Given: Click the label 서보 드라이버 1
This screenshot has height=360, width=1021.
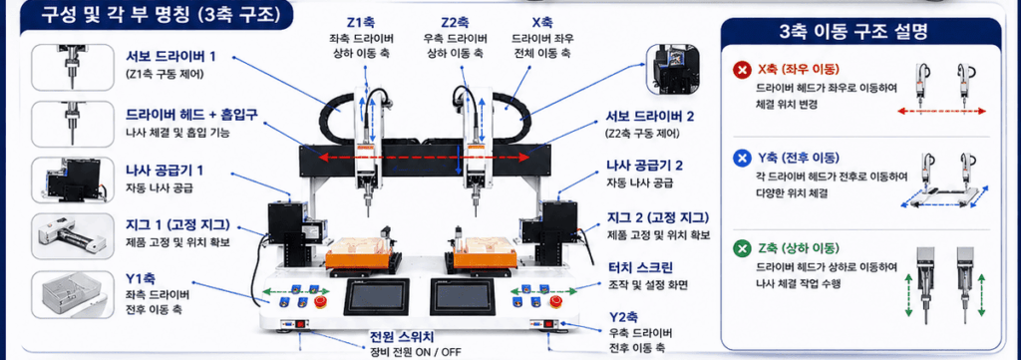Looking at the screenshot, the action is [170, 56].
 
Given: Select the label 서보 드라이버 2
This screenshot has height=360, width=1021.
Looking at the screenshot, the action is [650, 117].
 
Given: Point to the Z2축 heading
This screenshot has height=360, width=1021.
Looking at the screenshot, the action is [455, 22].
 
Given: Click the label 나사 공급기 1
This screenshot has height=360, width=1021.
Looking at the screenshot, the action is [165, 171].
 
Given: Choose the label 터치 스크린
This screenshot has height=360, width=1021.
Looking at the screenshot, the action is [640, 267].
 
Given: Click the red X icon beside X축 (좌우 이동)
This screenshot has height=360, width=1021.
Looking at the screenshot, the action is [741, 70].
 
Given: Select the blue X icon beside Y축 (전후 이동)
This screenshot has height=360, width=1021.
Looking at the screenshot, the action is [741, 159].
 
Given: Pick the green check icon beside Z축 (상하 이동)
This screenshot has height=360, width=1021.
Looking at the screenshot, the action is [741, 248].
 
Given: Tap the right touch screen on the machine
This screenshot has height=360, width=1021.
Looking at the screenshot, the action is [463, 298].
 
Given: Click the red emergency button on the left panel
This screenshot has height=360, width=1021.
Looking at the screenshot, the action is [320, 301].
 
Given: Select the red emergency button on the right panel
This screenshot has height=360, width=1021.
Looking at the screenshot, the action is [554, 301].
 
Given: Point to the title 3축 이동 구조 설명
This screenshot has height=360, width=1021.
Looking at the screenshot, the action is [861, 32].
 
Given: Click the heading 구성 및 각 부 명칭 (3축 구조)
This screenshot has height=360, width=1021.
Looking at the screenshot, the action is [158, 16].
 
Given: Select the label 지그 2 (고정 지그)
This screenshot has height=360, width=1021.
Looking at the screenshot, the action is [658, 217].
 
